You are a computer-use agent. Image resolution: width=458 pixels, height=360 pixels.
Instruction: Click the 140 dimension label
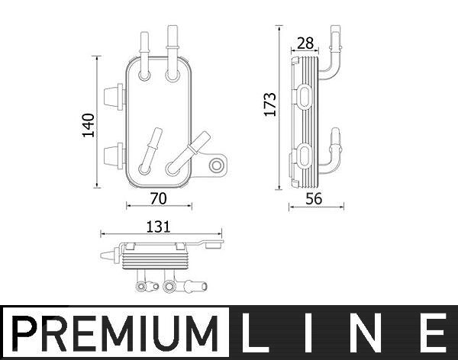(89, 125)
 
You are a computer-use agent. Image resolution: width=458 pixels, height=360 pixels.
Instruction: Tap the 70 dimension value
(159, 198)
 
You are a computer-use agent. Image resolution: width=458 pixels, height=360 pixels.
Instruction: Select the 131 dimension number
(158, 227)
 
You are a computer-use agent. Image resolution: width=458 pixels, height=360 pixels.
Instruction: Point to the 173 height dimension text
(270, 104)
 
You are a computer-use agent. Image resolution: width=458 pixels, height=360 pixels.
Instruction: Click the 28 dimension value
(305, 43)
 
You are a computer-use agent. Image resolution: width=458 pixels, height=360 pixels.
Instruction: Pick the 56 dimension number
(314, 199)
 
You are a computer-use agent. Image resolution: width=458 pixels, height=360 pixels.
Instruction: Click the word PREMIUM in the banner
(114, 334)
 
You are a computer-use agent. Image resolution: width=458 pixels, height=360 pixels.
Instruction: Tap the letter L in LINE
(251, 333)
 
